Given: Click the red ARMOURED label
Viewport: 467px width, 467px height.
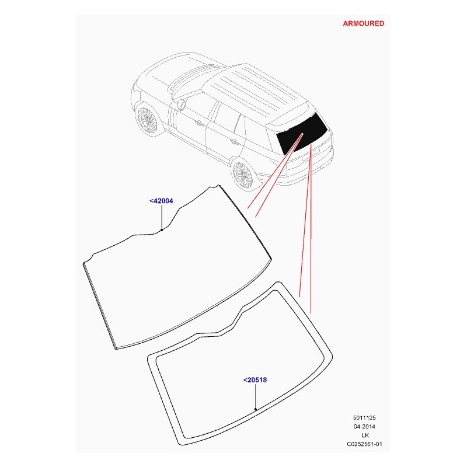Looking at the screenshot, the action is tap(363, 23).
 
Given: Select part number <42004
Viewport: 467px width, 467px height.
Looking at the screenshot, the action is tap(161, 201).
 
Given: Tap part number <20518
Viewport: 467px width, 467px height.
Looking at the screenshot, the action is tap(255, 380).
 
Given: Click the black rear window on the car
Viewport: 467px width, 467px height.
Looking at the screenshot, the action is tap(302, 134).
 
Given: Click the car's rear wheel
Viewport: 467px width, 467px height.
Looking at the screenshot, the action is tap(242, 174).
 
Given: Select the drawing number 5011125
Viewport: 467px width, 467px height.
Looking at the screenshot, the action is tap(364, 418).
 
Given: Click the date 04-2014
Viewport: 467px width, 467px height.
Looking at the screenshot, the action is tap(364, 427).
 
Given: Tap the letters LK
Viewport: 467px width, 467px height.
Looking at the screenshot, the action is tap(365, 435).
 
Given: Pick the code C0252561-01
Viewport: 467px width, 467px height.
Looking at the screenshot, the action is tap(364, 444).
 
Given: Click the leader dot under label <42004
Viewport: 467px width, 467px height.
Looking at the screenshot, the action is tap(162, 230).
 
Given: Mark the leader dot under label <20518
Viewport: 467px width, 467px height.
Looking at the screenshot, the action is tap(256, 409).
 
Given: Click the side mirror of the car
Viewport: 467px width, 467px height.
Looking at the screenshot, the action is tap(181, 105).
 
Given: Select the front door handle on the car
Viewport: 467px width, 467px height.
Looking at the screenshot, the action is tap(198, 122).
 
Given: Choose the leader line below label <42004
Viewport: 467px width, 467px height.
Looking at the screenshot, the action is tap(162, 217).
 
